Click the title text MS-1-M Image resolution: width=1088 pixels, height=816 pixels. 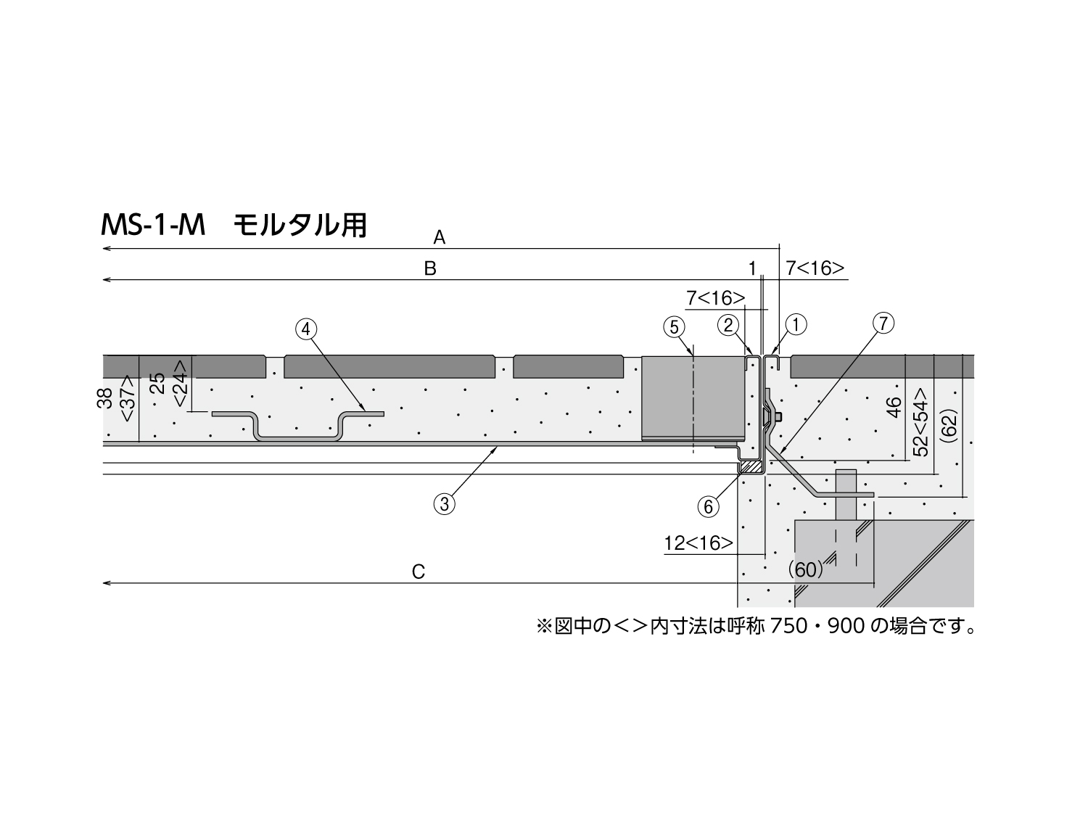tap(153, 226)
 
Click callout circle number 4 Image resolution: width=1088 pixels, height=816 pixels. tap(306, 329)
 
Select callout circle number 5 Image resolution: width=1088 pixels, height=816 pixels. tap(674, 327)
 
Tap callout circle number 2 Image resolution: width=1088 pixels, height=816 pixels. tap(728, 325)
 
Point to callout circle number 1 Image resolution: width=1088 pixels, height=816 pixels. tap(796, 324)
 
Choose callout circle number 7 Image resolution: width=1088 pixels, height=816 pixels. tap(883, 323)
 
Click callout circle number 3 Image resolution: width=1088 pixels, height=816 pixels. tap(444, 504)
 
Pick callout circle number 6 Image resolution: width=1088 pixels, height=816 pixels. tap(709, 507)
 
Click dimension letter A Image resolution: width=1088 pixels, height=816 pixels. tap(439, 238)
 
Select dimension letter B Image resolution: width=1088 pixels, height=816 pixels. tap(430, 268)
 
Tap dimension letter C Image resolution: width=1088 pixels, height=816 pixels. tap(419, 572)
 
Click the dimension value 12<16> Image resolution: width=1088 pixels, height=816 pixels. tap(698, 543)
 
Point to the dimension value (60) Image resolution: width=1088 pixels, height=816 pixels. tap(805, 570)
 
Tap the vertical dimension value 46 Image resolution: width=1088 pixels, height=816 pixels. tap(893, 407)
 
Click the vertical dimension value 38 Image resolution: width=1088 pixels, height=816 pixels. tap(104, 397)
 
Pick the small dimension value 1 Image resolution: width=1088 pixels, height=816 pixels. tap(752, 268)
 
